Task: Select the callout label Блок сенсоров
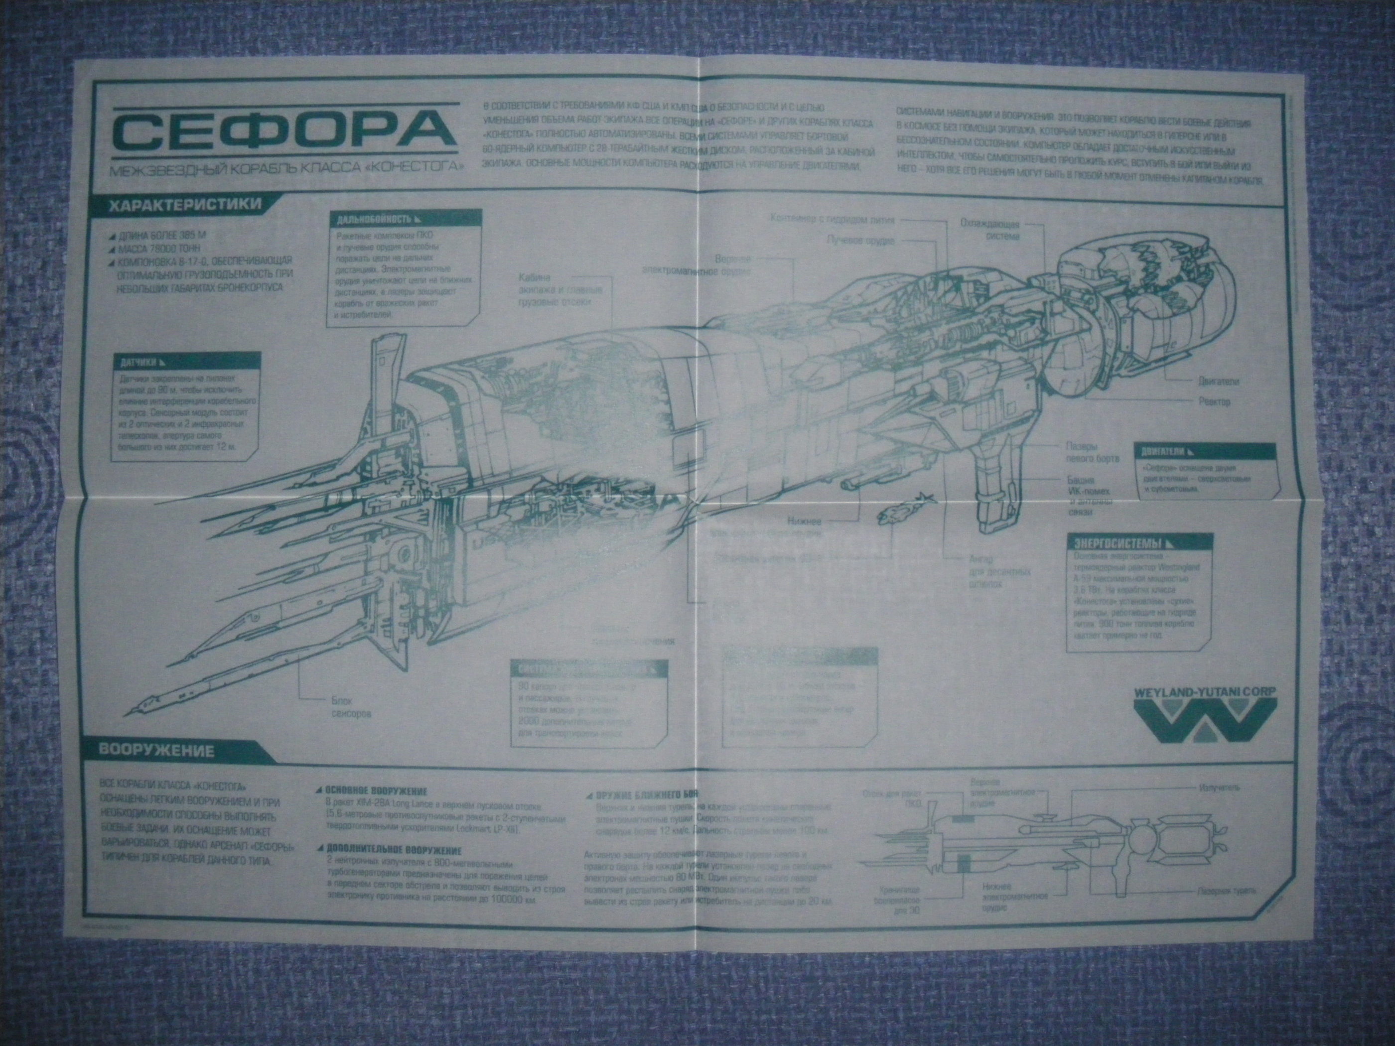[x=350, y=707]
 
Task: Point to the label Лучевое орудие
[x=860, y=240]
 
